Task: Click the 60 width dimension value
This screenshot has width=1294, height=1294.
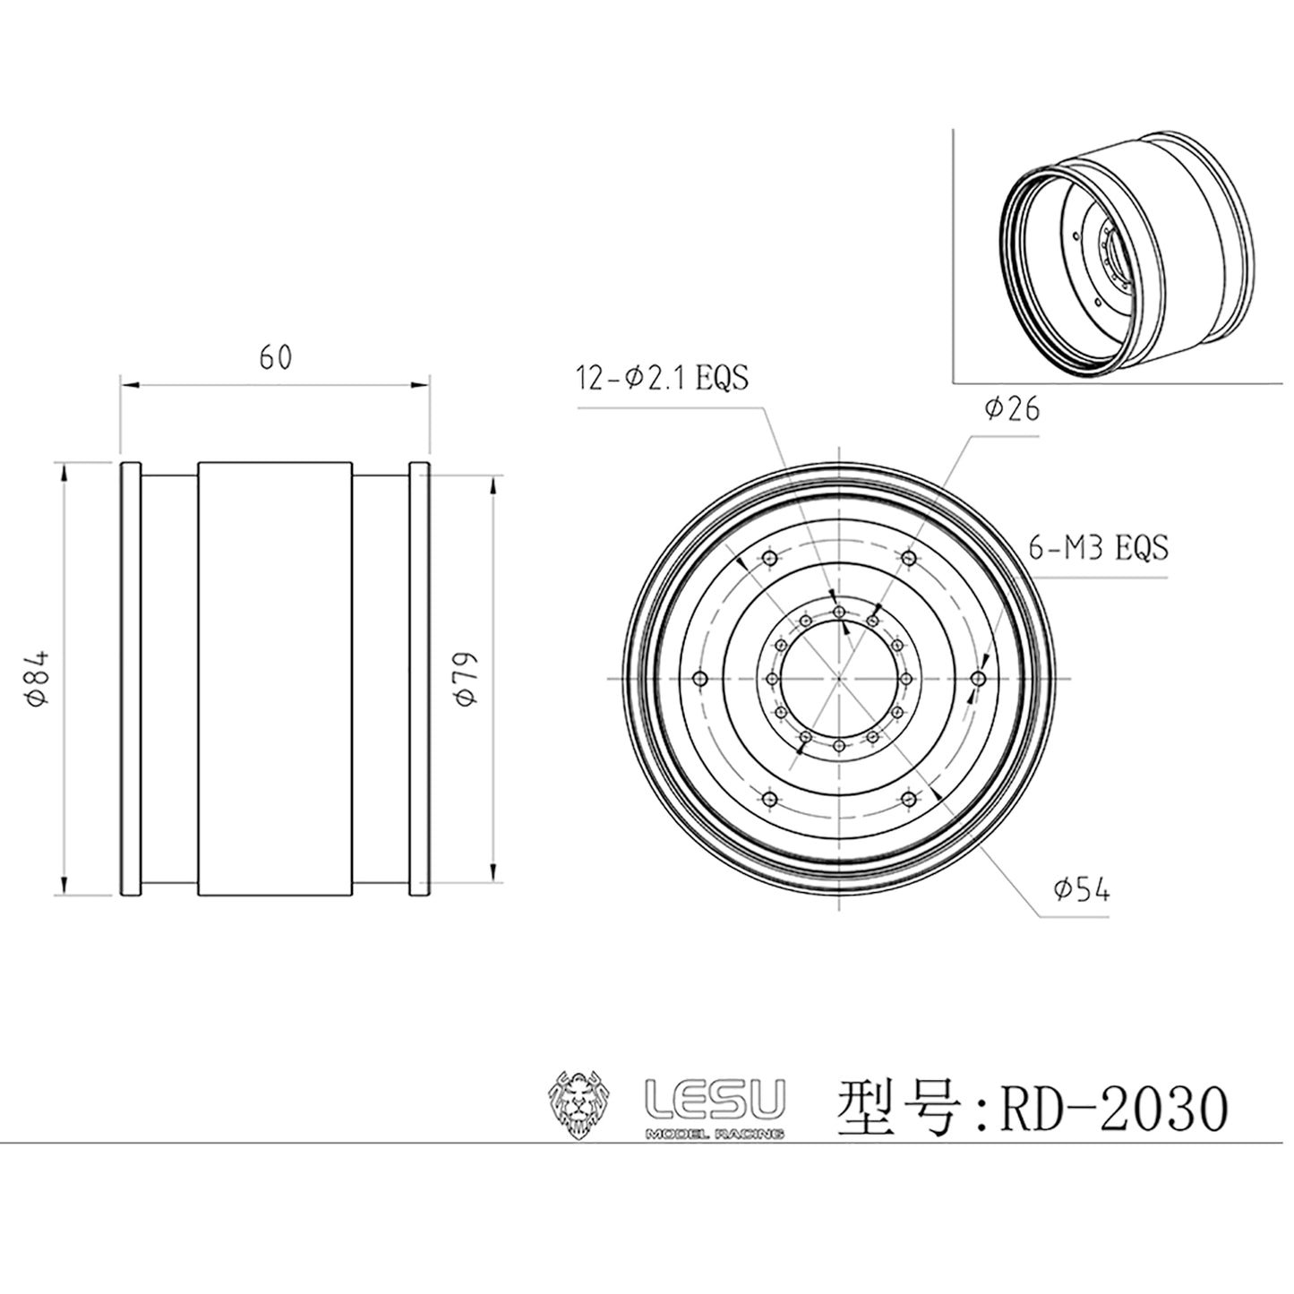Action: click(275, 357)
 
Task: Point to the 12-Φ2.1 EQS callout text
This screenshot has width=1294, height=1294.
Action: click(663, 378)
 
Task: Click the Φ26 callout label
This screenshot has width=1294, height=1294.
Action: click(1011, 409)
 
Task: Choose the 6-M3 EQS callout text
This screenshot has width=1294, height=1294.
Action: click(1098, 547)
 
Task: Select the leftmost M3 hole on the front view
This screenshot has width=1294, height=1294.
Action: click(701, 679)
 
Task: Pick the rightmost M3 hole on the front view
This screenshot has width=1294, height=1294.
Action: click(978, 679)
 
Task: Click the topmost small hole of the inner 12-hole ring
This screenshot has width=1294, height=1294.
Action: click(839, 612)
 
